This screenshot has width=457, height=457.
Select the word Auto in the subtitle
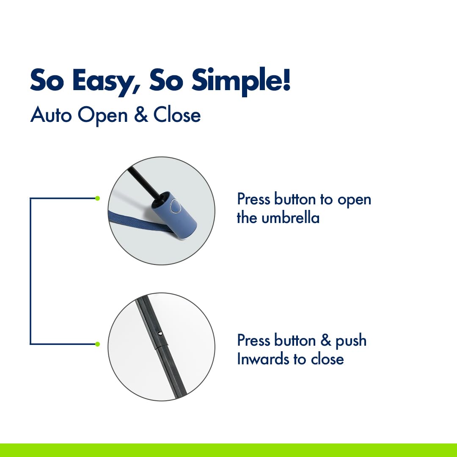(x=51, y=115)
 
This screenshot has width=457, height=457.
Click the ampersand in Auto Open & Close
(x=141, y=115)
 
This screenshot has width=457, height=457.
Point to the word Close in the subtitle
(x=177, y=115)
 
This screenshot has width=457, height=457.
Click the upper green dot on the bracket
(x=97, y=198)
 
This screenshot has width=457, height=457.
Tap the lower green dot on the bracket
(x=97, y=344)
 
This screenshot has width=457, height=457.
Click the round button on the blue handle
(x=176, y=206)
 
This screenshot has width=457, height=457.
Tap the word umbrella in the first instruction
(x=290, y=218)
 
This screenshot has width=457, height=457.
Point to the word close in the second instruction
(x=327, y=359)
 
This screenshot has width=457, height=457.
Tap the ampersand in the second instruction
(x=326, y=340)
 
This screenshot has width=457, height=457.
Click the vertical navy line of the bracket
(x=30, y=271)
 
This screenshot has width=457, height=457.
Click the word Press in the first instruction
(x=253, y=199)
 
